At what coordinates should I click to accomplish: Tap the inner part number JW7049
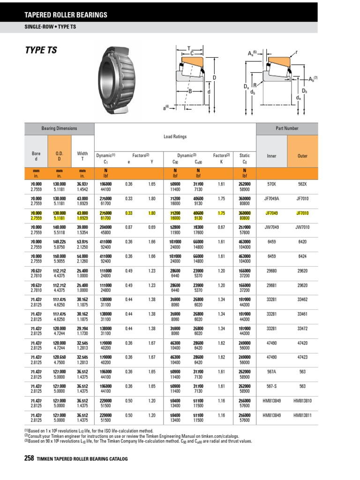point(272,226)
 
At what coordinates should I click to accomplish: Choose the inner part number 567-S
point(272,387)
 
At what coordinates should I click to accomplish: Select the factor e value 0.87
point(129,226)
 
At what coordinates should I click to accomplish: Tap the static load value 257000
point(244,226)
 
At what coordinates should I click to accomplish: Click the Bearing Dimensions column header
point(59,128)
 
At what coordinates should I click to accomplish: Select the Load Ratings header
point(175,136)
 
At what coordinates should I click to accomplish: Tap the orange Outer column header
point(303,156)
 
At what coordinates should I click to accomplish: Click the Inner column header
point(272,156)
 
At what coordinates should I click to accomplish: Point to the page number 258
point(29,458)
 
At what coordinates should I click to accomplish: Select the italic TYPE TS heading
point(41,50)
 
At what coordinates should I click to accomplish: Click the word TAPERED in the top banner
point(40,15)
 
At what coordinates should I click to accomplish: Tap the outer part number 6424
point(303,256)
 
